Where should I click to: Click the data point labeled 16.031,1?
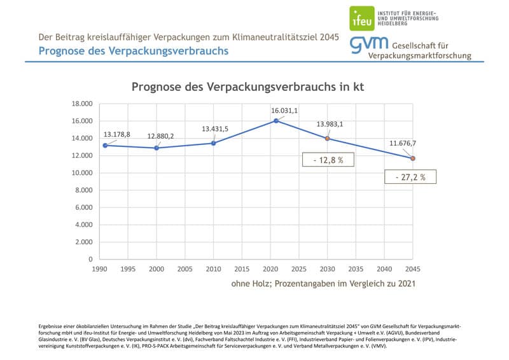pos(275,121)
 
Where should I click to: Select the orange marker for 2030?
pos(327,138)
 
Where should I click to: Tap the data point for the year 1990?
pos(105,146)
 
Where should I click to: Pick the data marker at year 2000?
pos(156,148)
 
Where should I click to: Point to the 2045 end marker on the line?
pos(412,158)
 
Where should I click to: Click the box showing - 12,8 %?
pos(328,160)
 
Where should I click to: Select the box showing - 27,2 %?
pos(410,177)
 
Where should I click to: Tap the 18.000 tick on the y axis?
pos(82,104)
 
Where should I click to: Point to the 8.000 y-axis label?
pos(84,190)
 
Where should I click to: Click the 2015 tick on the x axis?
pos(242,269)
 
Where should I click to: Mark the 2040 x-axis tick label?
pos(384,269)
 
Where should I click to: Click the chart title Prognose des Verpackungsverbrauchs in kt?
pos(248,87)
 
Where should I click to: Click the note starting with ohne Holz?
pos(323,284)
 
